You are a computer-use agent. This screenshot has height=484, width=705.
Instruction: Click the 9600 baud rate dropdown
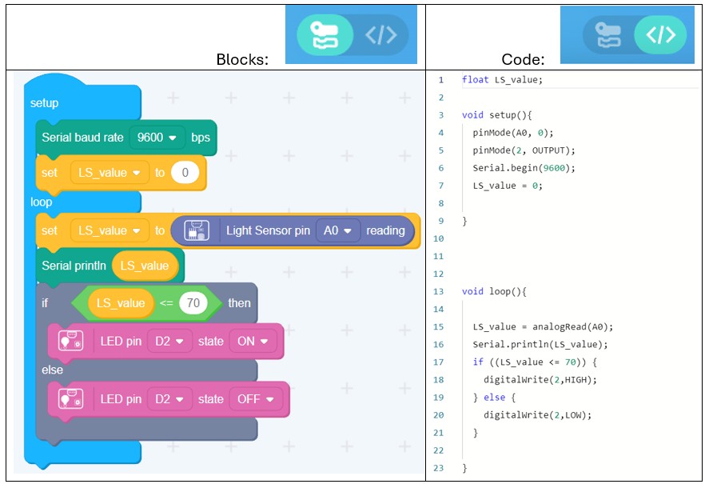coord(157,138)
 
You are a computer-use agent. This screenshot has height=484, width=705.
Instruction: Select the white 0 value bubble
coord(185,173)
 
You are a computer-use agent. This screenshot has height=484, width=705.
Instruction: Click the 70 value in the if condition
coord(193,303)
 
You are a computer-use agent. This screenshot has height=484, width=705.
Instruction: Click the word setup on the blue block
coord(44,103)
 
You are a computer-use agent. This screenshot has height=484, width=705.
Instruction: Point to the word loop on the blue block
coord(42,202)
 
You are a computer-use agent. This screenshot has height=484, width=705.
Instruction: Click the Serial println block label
coord(74,266)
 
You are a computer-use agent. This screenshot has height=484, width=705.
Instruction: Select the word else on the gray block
coord(52,370)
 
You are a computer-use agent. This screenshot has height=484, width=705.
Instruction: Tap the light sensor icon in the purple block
coord(196,230)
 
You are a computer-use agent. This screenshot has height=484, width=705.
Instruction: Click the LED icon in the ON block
coord(71,342)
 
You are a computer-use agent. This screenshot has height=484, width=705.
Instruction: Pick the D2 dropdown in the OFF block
coord(169,398)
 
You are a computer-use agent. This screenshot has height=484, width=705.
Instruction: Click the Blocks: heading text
coord(242,59)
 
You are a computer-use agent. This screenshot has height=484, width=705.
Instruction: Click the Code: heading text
coord(523,59)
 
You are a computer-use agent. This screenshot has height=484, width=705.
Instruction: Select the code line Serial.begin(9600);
coord(524,168)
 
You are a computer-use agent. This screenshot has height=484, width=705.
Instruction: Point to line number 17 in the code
coord(439,362)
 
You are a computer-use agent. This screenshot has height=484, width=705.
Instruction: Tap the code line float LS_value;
coord(502,80)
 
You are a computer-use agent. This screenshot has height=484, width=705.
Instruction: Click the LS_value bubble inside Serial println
coord(145,266)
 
